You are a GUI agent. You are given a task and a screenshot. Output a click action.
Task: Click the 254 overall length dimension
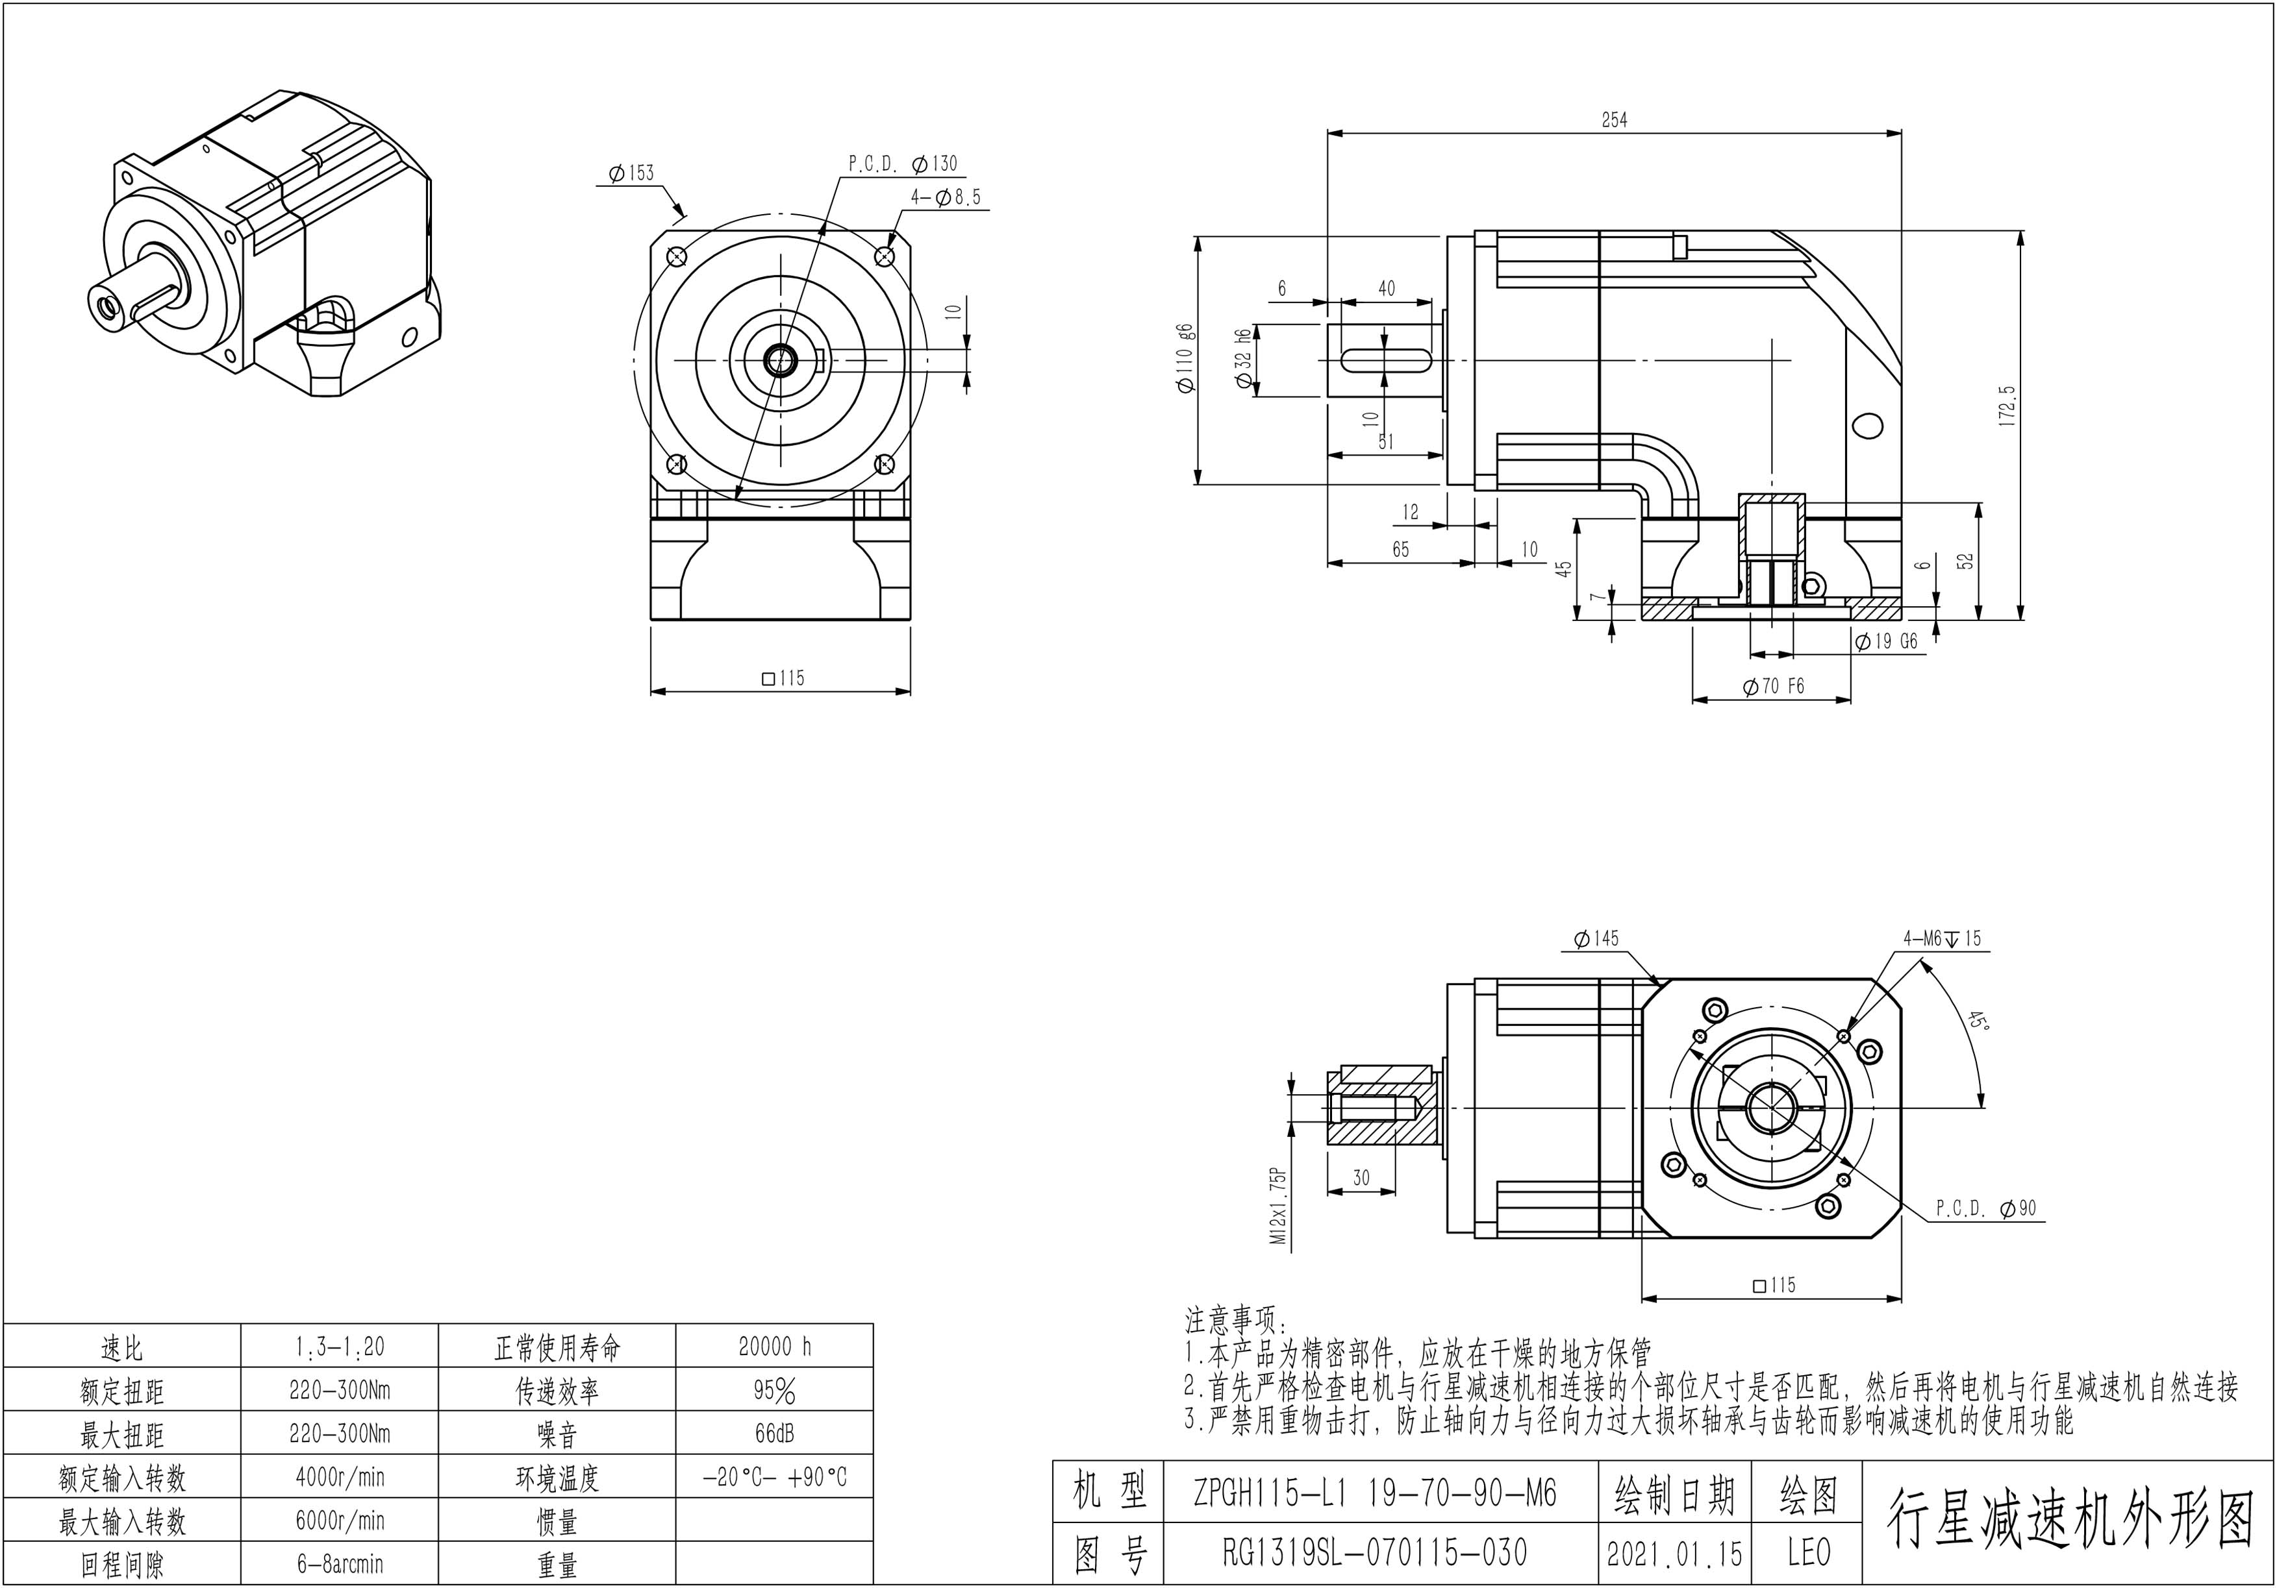coord(1615,120)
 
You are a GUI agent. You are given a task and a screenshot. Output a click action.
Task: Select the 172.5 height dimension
coord(2008,406)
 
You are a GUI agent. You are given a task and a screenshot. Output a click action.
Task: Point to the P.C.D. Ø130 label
coord(903,164)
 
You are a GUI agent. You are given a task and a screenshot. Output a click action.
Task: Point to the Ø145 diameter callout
coord(1596,938)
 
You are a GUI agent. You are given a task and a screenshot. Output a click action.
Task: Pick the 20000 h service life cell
coord(775,1346)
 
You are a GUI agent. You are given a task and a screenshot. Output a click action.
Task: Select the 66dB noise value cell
coord(775,1434)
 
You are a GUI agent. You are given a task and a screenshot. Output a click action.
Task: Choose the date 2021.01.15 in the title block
coord(1674,1554)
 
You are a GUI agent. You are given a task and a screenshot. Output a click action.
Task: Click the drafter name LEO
coord(1808,1554)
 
